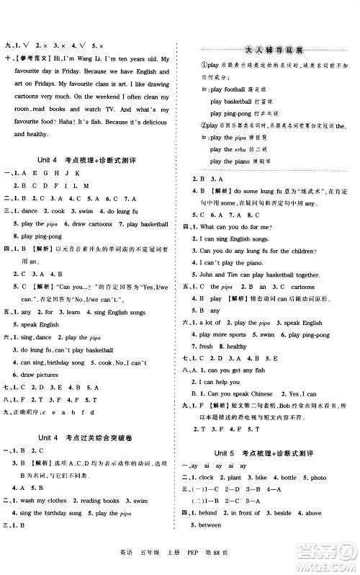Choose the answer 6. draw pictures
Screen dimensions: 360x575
pos(36,375)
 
